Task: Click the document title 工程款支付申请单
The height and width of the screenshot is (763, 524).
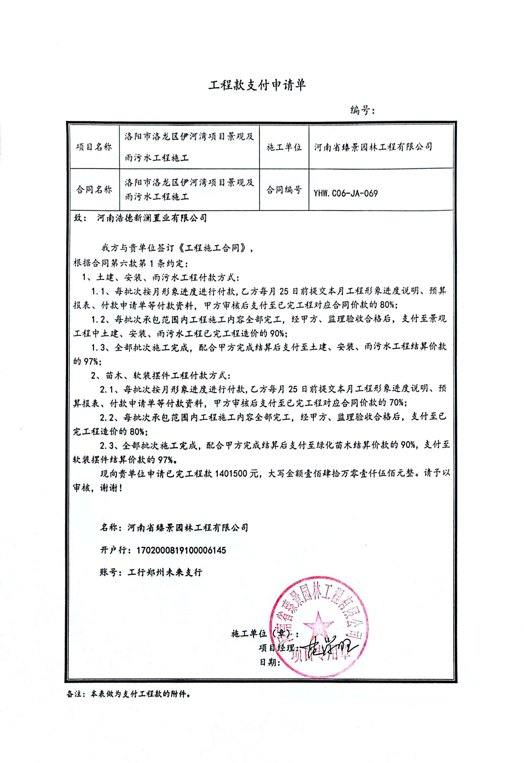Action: [257, 85]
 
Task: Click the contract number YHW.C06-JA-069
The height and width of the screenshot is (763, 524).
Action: [345, 193]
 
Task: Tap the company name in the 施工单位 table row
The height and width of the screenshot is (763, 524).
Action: [373, 147]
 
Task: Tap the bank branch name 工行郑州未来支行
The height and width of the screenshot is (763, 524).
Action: [165, 572]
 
